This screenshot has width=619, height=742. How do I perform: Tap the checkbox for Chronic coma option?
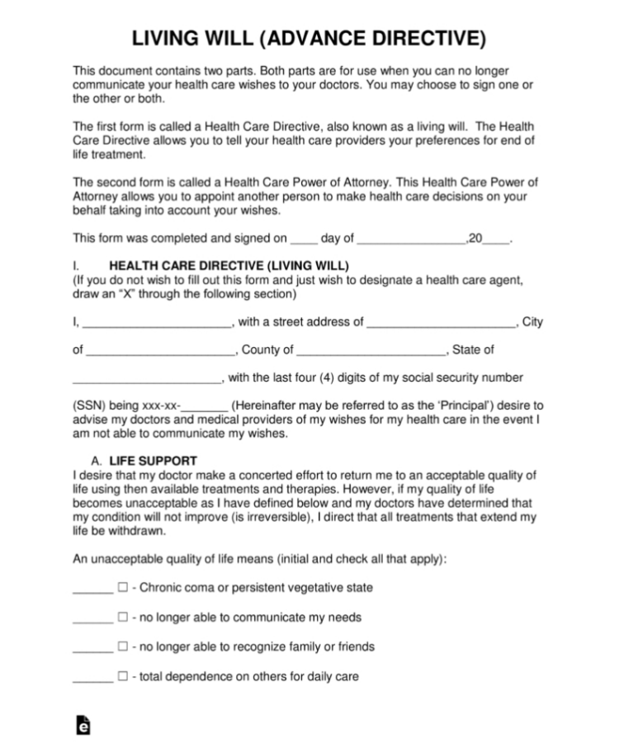coord(122,588)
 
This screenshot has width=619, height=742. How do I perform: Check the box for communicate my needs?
coord(122,618)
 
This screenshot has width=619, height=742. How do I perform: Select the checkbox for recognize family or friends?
coord(122,647)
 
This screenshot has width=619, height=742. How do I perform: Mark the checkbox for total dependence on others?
coord(122,677)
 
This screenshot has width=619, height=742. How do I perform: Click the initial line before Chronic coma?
coord(92,590)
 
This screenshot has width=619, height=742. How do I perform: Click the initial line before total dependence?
coord(92,679)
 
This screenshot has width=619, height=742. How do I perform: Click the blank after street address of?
coord(442,324)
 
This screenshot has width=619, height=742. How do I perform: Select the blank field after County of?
coord(371,352)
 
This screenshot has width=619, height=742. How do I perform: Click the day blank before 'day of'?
coord(304,241)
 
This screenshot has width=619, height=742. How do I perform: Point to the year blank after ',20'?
coord(496,241)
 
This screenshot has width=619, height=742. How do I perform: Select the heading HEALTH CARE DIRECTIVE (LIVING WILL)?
coord(229,265)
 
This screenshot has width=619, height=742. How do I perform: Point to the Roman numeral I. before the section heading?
coord(75,265)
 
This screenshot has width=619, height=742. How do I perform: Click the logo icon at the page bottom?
coord(83,724)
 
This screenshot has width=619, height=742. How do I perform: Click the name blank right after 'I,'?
coord(158,324)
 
